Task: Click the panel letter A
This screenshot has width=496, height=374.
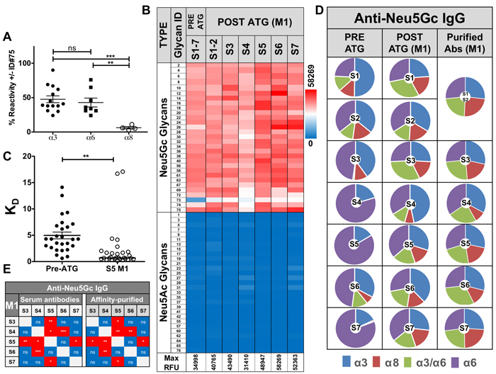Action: point(9,40)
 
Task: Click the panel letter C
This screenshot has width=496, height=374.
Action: point(9,160)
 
